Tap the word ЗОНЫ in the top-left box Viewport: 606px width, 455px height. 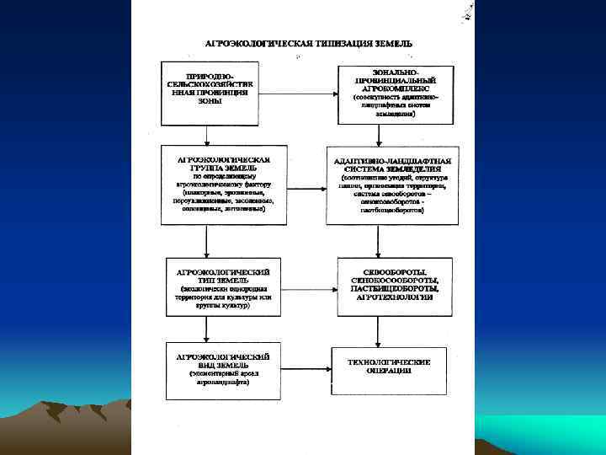click(210, 101)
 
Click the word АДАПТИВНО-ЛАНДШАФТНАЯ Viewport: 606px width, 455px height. click(392, 160)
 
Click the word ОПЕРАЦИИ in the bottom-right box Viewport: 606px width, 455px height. click(389, 371)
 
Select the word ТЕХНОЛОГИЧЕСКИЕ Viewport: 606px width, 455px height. click(389, 362)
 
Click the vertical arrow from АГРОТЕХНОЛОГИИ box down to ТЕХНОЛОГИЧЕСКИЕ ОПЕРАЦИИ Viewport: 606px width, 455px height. click(376, 329)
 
